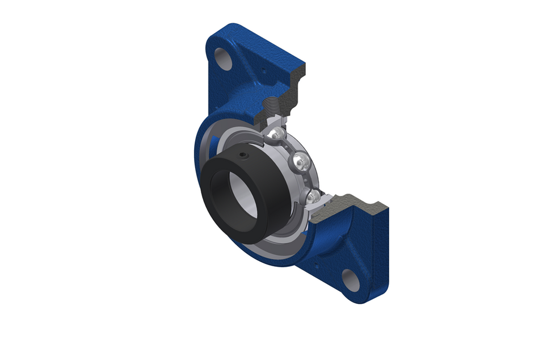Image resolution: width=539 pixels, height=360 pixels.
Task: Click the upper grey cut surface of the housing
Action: pyautogui.click(x=295, y=85)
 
